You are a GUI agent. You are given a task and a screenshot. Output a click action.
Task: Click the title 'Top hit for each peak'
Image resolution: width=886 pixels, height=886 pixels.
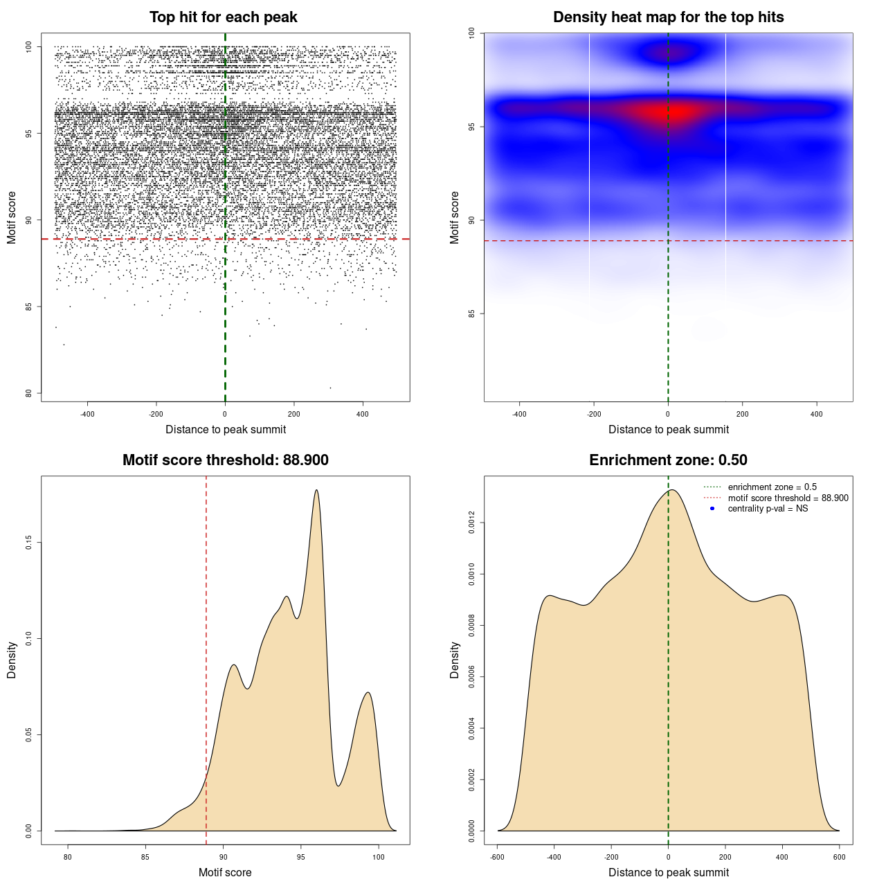tap(223, 17)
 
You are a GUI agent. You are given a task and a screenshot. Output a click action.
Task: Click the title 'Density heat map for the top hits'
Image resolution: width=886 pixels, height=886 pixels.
tap(668, 17)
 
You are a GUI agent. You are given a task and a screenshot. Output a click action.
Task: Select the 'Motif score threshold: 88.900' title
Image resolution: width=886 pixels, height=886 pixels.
tap(225, 460)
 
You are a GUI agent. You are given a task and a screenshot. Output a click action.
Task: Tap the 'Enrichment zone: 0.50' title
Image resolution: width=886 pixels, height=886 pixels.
tap(668, 460)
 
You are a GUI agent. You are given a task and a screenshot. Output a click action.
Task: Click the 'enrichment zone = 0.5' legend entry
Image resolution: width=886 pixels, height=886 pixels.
tap(772, 487)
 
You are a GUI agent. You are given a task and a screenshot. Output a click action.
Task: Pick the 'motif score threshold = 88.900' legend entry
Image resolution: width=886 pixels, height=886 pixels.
tap(788, 498)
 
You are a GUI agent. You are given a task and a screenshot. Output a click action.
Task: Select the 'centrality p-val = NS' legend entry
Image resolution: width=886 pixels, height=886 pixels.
tap(768, 509)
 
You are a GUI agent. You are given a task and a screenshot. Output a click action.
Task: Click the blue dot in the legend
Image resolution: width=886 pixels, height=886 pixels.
tap(712, 509)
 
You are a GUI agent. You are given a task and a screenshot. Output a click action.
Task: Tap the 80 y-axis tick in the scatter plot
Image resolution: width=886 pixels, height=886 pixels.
tap(29, 393)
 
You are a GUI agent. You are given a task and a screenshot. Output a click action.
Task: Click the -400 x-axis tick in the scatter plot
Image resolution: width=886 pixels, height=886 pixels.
tap(87, 415)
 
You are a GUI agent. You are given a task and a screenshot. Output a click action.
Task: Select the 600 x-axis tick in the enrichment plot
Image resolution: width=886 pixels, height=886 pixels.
tap(840, 858)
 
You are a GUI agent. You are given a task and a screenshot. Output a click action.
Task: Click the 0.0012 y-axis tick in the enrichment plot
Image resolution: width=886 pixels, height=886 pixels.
tap(472, 523)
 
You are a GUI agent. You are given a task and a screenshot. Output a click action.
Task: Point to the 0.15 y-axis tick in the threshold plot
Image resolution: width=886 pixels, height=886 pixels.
tap(29, 543)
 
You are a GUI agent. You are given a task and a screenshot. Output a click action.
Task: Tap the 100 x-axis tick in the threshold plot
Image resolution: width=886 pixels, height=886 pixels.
tap(378, 858)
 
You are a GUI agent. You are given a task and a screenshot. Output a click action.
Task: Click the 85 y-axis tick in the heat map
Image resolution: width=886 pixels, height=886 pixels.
tap(472, 314)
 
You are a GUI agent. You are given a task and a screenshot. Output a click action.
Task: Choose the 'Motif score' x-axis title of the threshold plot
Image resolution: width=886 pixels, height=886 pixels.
tap(225, 872)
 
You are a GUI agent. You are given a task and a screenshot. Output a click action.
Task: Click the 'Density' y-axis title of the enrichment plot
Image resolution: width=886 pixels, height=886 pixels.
tap(455, 660)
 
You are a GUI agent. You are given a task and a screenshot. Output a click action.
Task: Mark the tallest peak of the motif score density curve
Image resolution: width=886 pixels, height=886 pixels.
tap(316, 490)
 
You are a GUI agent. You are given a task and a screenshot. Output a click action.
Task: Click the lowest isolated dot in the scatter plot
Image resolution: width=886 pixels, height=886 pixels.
tap(330, 388)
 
